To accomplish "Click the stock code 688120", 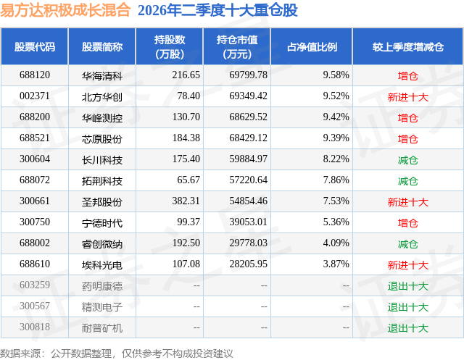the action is pos(35,75).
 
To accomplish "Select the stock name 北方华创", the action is pos(102,96).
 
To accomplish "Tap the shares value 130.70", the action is pos(186,117).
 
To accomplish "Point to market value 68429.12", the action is pos(248,138).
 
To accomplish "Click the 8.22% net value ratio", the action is pos(336,159).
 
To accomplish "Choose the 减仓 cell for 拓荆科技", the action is pos(407,180).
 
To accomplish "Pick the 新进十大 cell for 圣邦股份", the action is pos(407,201).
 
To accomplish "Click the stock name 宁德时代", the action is pos(102,222).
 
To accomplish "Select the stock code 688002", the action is pos(35,243).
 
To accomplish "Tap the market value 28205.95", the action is pos(248,264).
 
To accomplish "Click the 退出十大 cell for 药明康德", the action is pos(407,285).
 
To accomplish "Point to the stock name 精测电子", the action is pos(102,306).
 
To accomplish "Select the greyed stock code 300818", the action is pos(35,327).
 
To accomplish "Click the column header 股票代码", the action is pos(35,46).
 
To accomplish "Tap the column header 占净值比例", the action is pos(312,46).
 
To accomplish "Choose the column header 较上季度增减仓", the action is pos(407,46).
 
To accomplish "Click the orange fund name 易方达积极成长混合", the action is pos(65,9).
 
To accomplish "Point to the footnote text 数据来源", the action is pos(20,353).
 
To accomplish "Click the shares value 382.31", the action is pos(186,201).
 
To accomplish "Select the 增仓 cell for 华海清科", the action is pos(407,75).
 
